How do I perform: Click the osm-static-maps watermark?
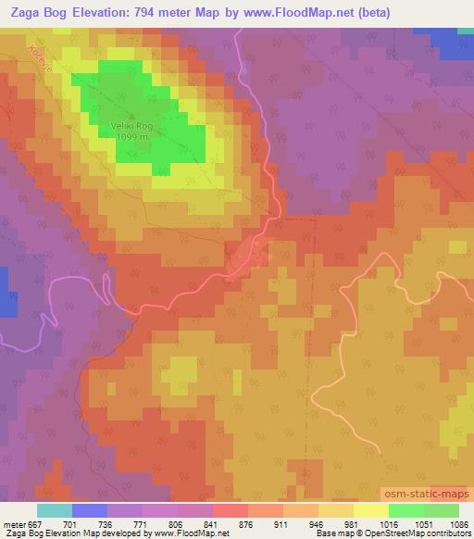tap(427, 496)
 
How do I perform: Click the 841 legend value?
tap(212, 523)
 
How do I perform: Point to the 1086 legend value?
tap(457, 523)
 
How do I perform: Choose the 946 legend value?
tap(318, 523)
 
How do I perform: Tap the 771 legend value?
tap(142, 523)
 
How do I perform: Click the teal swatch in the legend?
tap(54, 510)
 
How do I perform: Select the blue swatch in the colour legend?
tap(89, 510)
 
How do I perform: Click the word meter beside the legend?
tap(13, 523)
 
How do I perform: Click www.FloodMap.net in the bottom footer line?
tap(192, 533)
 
